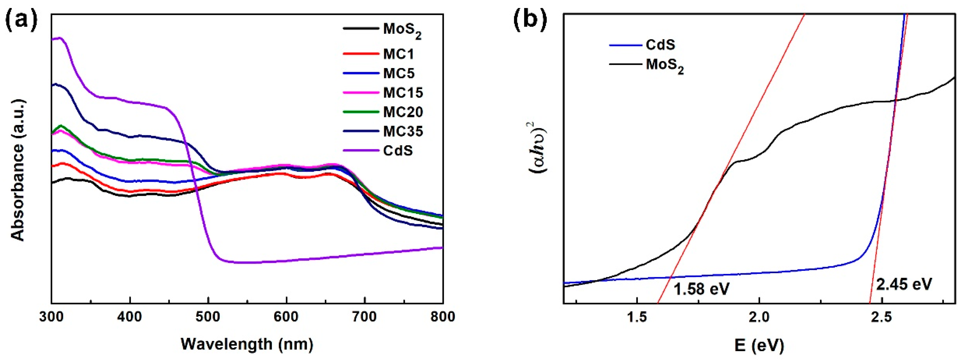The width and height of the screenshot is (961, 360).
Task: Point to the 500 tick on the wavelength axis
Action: click(x=208, y=317)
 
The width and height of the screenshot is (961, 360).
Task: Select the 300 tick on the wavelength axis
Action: click(x=51, y=317)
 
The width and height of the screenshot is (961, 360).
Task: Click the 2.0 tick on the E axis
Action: click(x=759, y=317)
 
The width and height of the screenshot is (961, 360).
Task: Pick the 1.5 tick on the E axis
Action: click(x=637, y=317)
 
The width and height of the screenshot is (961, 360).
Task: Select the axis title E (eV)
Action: click(x=759, y=346)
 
